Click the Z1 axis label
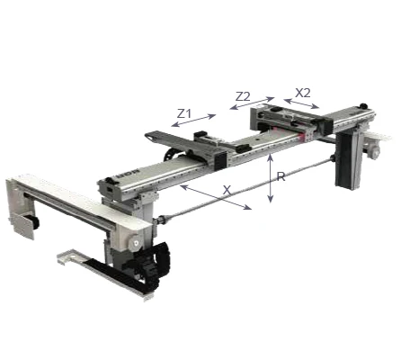pyautogui.click(x=184, y=113)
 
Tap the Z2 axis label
pyautogui.click(x=243, y=96)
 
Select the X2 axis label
pyautogui.click(x=303, y=93)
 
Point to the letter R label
pyautogui.click(x=281, y=176)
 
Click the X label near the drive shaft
pyautogui.click(x=227, y=190)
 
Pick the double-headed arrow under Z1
pyautogui.click(x=193, y=121)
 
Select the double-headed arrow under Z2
pyautogui.click(x=252, y=103)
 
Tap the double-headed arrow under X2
pyautogui.click(x=301, y=103)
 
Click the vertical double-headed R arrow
pyautogui.click(x=271, y=178)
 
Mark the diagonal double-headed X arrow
pyautogui.click(x=216, y=197)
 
